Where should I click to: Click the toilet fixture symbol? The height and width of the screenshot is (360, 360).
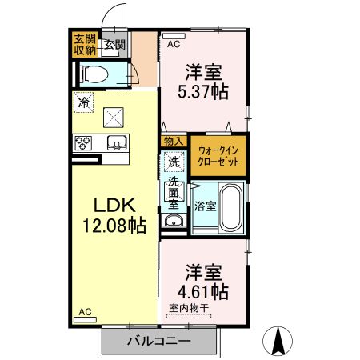click(x=97, y=74)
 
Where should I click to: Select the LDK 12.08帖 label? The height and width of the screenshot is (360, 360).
click(x=111, y=214)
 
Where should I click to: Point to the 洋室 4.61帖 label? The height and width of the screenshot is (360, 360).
click(x=203, y=281)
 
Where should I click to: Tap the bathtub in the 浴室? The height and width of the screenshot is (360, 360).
click(x=230, y=207)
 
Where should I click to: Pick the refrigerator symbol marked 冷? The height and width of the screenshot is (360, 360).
click(x=82, y=102)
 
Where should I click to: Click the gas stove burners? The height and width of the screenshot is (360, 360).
click(x=83, y=144)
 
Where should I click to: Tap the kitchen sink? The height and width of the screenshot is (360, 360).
click(x=116, y=143)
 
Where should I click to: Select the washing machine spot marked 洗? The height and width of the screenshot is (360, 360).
click(x=173, y=162)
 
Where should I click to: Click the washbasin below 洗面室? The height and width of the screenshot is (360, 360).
click(x=173, y=221)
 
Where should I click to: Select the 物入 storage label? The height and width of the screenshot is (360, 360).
click(x=173, y=142)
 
